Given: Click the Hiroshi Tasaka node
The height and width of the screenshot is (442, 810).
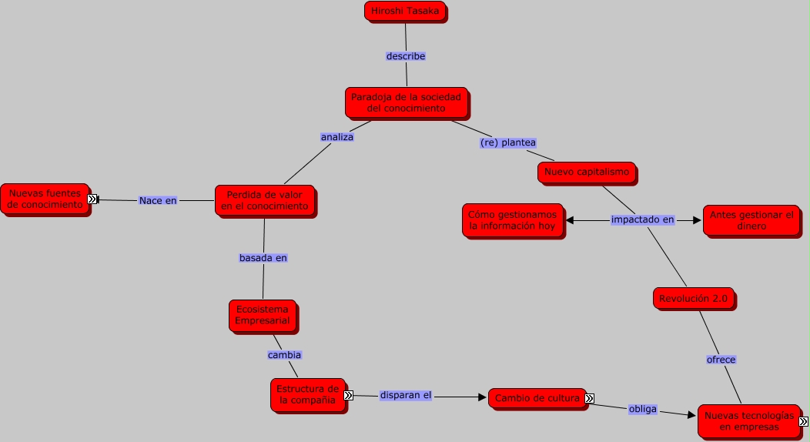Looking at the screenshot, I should click(x=405, y=11).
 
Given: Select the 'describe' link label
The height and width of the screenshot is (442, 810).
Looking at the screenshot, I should click(x=406, y=56).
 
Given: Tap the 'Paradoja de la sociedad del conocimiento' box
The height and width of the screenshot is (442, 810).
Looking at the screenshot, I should click(x=406, y=102).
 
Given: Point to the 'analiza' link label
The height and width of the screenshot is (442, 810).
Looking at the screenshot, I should click(x=336, y=137).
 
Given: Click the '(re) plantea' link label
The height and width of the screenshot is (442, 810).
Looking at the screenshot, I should click(x=507, y=142).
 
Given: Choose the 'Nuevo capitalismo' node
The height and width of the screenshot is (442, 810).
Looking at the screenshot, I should click(x=587, y=172).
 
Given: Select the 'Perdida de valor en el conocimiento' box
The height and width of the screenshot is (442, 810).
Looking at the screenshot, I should click(x=264, y=200).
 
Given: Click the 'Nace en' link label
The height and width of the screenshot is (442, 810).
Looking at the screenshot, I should click(x=158, y=200).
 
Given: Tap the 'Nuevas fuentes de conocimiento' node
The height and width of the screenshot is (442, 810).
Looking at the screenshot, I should click(x=44, y=199).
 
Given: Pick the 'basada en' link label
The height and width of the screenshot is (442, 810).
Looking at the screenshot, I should click(x=263, y=258).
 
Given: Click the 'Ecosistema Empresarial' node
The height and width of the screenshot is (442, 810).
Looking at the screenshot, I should click(x=262, y=314).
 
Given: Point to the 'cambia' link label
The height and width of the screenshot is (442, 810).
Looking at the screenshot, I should click(x=284, y=355).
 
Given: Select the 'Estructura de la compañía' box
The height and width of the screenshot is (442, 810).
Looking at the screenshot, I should click(x=306, y=393).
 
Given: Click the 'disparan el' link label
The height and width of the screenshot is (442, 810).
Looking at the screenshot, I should click(x=406, y=395).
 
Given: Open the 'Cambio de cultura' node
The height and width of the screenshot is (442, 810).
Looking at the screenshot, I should click(x=536, y=398).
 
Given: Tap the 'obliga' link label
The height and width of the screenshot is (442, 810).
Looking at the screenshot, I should click(x=642, y=409).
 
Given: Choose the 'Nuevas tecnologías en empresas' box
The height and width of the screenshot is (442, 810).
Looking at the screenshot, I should click(x=748, y=420).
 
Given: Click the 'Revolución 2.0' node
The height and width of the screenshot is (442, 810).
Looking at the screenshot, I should click(x=693, y=298).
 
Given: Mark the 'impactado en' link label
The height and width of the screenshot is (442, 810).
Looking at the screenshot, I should click(x=642, y=219).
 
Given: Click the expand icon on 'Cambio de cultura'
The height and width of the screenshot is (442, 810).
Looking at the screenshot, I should click(x=589, y=398).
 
